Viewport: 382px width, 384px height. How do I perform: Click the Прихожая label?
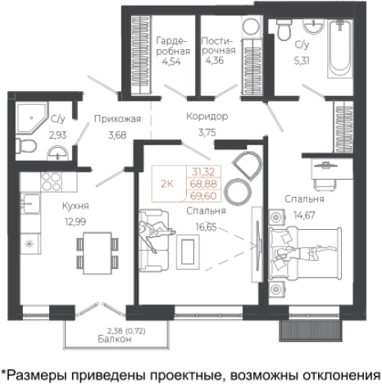(111, 118)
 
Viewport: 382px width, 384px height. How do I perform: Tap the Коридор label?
(207, 117)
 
